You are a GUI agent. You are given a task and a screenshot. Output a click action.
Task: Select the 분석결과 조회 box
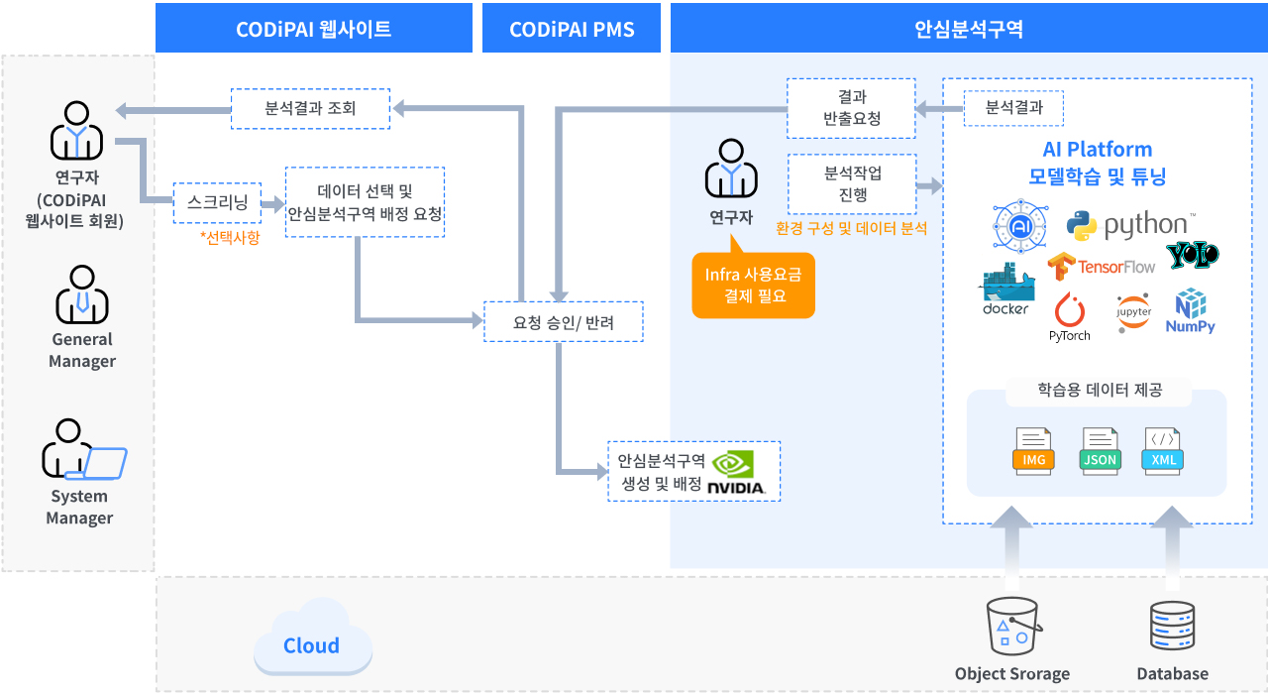[310, 108]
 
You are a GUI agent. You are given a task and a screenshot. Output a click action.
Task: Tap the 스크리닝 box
[217, 202]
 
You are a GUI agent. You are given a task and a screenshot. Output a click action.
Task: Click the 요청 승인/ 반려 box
[563, 322]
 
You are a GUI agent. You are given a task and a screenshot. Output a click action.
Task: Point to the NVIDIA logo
[735, 473]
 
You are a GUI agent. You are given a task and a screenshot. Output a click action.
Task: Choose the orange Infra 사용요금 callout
[753, 285]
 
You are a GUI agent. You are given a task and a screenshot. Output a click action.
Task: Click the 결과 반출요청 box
[851, 108]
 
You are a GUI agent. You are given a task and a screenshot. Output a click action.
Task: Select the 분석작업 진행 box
[852, 183]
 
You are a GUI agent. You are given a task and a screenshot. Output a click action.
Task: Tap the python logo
[1128, 225]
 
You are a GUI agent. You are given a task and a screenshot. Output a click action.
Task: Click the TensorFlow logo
[1102, 266]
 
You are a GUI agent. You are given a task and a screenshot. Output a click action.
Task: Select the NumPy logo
[1190, 311]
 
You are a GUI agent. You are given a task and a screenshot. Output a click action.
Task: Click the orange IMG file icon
[1033, 451]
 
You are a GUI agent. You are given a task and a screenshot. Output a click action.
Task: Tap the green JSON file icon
[1100, 451]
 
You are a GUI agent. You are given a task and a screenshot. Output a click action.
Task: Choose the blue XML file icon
[1163, 451]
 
